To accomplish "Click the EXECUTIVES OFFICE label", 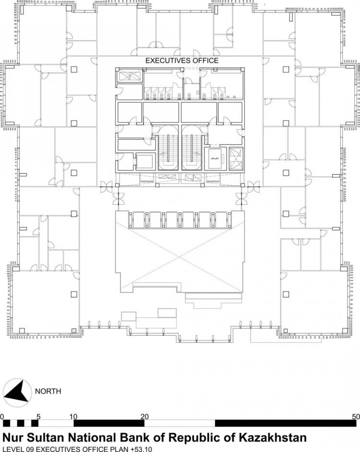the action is pyautogui.click(x=182, y=61).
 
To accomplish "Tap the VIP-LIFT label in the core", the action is pyautogui.click(x=215, y=159).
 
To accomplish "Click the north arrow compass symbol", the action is pyautogui.click(x=17, y=391).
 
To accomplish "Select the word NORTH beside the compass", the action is pyautogui.click(x=48, y=391).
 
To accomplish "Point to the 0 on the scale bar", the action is pyautogui.click(x=2, y=416).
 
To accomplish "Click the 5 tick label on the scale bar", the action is pyautogui.click(x=38, y=416).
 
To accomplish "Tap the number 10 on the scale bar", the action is pyautogui.click(x=73, y=416).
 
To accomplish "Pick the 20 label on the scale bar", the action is pyautogui.click(x=144, y=416).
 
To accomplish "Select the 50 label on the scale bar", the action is pyautogui.click(x=356, y=416).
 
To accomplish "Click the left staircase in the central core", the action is pyautogui.click(x=168, y=147).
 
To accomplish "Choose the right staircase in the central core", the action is pyautogui.click(x=192, y=147).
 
